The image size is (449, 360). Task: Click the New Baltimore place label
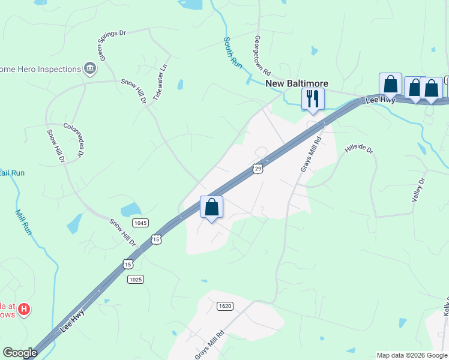289,83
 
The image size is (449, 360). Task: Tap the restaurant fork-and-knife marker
312,98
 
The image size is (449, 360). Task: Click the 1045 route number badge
140,223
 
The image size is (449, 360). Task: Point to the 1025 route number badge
135,279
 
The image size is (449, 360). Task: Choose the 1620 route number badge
224,306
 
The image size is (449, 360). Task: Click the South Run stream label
232,53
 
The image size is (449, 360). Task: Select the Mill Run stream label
23,221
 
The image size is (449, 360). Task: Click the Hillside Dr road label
359,148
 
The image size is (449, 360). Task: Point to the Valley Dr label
419,190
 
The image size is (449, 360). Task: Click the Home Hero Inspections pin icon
91,68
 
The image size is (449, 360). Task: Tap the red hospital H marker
24,310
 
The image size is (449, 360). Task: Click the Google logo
20,353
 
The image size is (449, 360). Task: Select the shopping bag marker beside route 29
211,208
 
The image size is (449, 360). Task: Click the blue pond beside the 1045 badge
131,210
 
